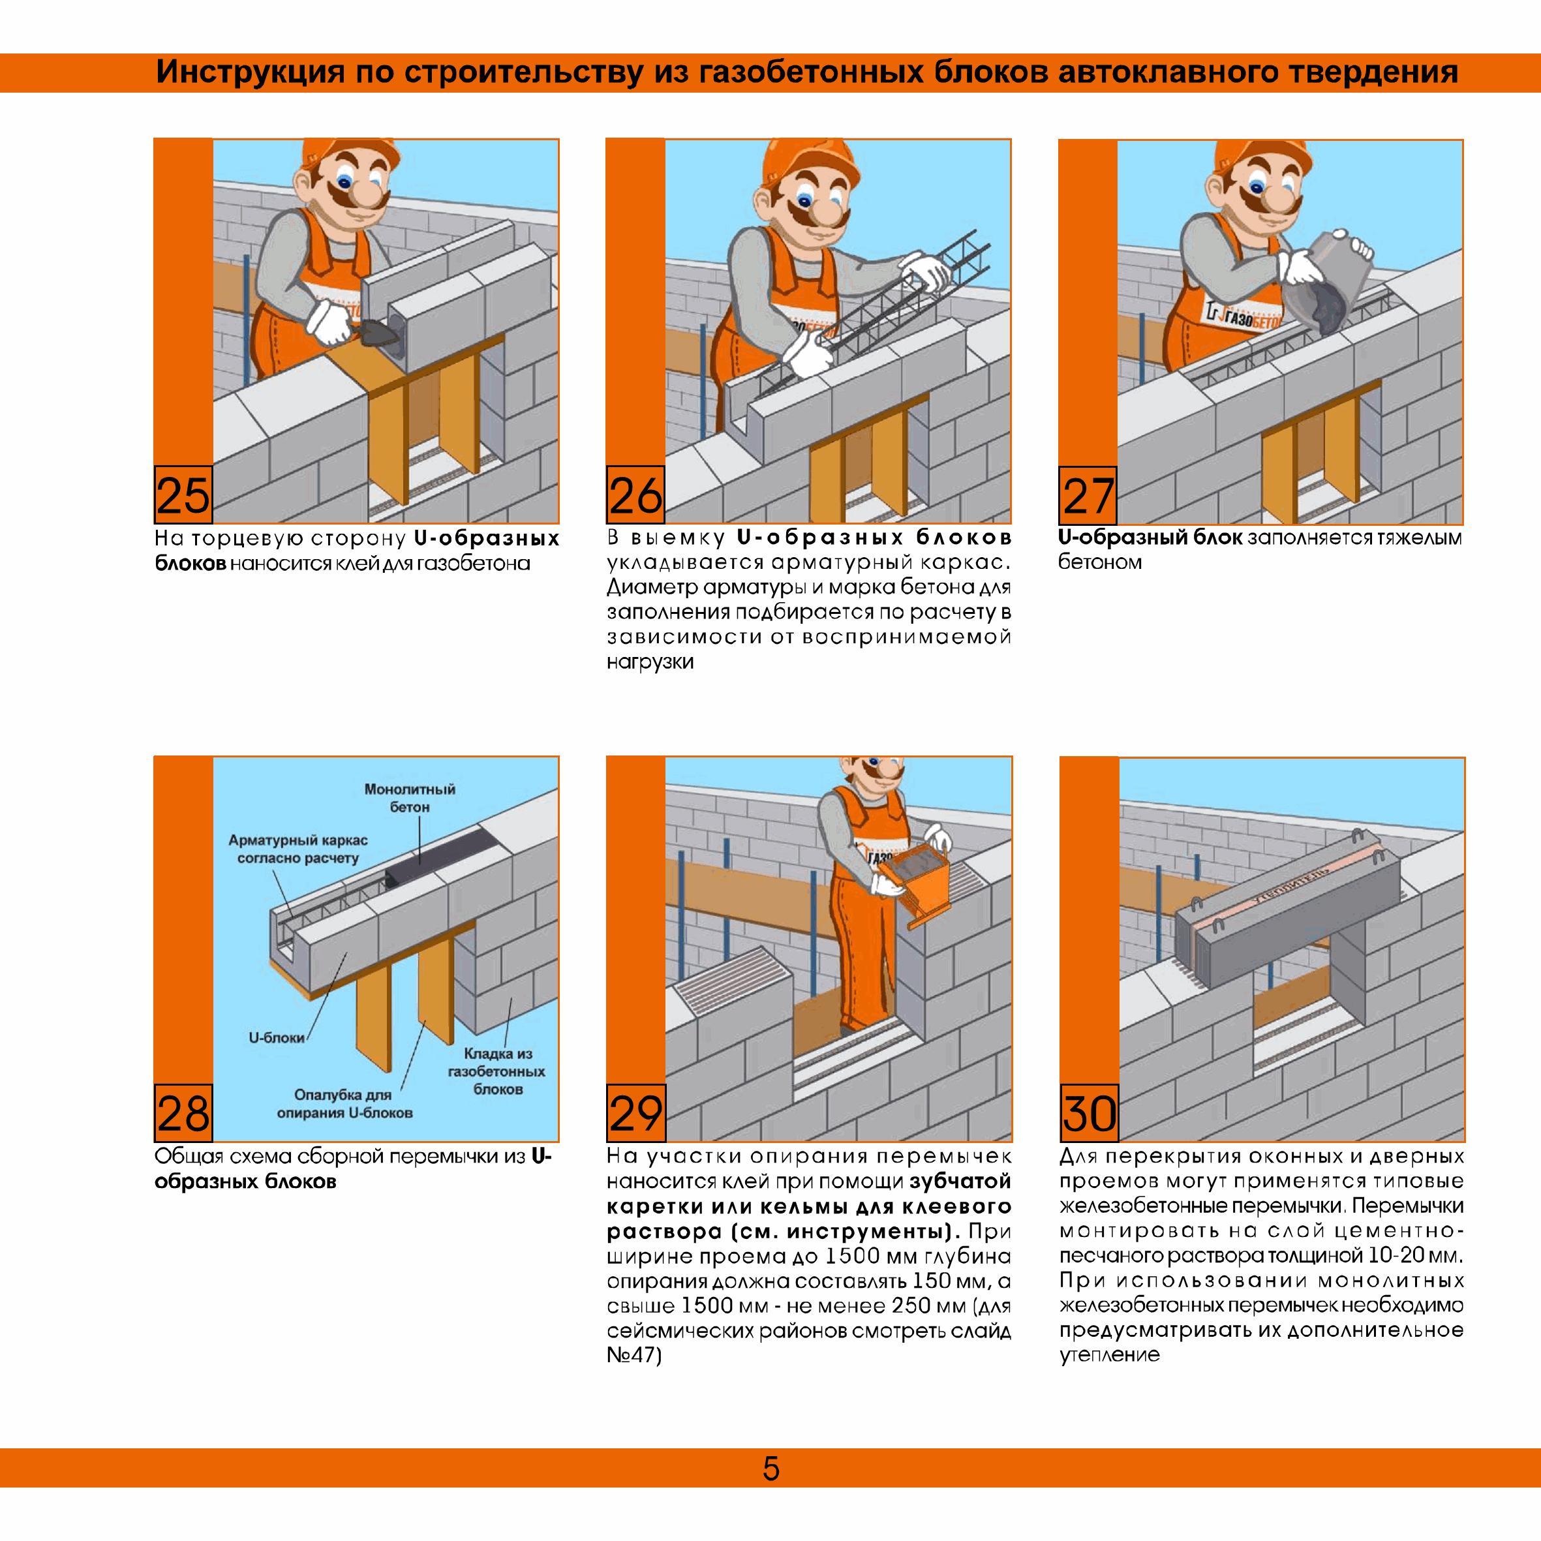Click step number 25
coord(183,495)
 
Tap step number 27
coord(1088,496)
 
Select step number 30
coord(1089,1114)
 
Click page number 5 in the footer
coord(770,1469)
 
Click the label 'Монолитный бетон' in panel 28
coord(409,798)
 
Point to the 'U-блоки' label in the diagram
coord(276,1038)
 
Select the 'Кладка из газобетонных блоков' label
coord(497,1071)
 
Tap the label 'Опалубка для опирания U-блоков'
coord(344,1104)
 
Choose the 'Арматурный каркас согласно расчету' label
coord(298,849)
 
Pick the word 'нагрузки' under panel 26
coord(650,662)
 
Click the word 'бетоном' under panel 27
coord(1100,562)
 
